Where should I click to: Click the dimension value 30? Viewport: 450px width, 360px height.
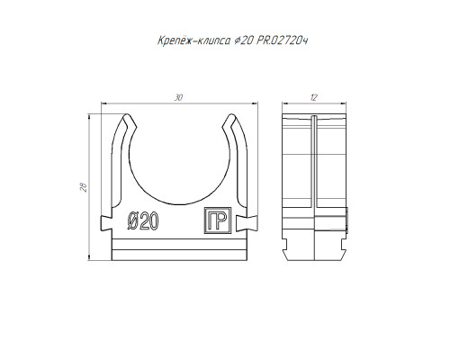point(178,97)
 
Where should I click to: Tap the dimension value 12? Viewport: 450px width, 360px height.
point(314,97)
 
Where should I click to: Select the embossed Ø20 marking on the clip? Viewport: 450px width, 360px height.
point(143,220)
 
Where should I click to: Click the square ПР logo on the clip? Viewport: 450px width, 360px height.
point(218,220)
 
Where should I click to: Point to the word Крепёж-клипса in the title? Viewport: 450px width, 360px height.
point(194,40)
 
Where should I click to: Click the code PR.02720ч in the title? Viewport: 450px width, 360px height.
point(283,40)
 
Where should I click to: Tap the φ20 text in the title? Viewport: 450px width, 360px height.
point(244,40)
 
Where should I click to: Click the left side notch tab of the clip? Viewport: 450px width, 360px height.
point(106,223)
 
